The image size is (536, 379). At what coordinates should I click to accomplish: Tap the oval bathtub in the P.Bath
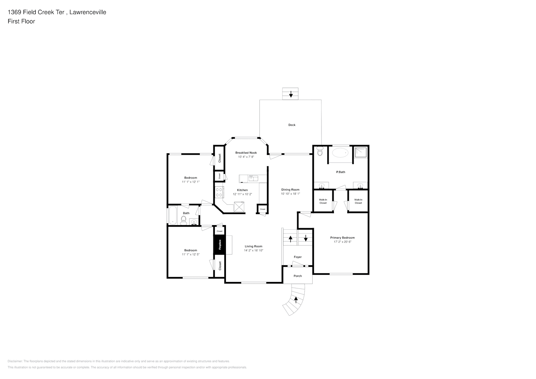tap(340, 153)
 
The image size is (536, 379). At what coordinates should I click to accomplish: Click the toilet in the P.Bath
tap(320, 152)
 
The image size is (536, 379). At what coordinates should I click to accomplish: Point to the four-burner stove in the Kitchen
tap(219, 193)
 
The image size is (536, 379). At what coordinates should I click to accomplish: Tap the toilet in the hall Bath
tap(183, 220)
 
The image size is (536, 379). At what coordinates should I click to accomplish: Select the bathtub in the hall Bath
tap(172, 215)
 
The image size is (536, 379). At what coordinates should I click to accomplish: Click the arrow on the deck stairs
tap(291, 94)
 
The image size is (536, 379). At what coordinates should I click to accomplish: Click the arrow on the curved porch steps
tap(296, 300)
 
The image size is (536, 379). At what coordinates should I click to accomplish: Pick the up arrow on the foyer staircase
tap(290, 239)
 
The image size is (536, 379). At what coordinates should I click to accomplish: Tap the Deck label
tap(292, 125)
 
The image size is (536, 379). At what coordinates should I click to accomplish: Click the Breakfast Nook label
tap(246, 153)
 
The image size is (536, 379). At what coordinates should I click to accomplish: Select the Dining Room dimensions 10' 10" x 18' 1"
tap(290, 194)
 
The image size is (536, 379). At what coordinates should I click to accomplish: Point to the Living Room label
tap(253, 246)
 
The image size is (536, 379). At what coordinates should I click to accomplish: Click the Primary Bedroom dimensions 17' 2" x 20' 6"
tap(342, 242)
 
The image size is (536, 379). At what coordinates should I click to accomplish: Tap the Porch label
tap(298, 276)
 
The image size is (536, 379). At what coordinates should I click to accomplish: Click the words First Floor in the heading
tap(21, 21)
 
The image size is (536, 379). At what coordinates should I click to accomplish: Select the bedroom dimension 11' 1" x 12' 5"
tap(191, 254)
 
